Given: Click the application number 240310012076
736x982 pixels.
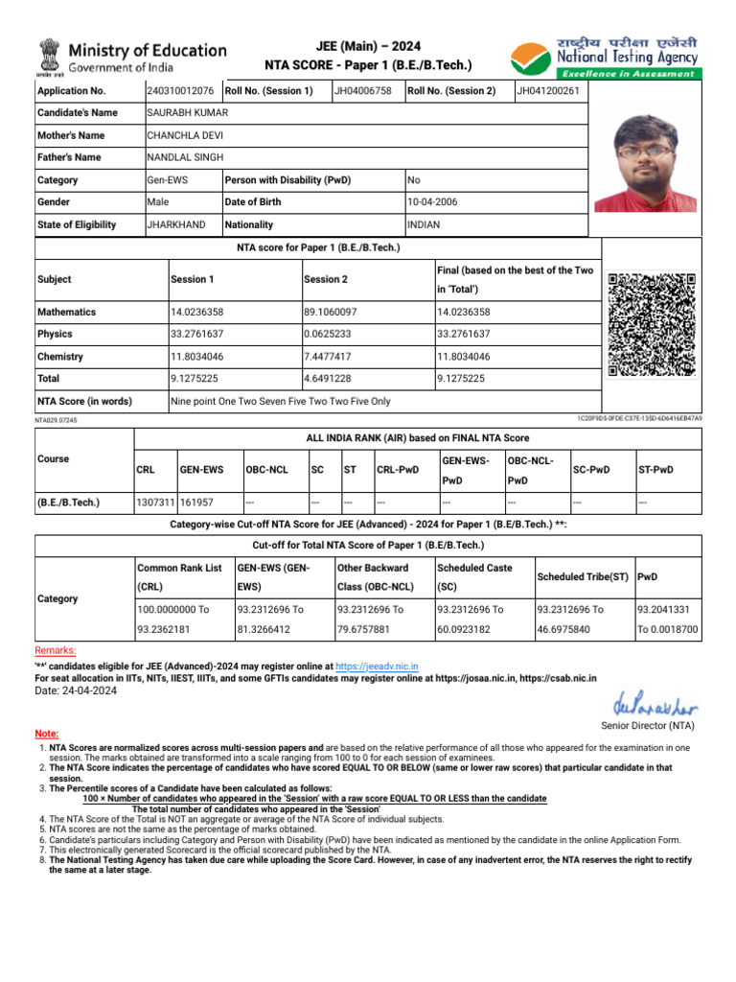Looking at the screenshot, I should tap(180, 91).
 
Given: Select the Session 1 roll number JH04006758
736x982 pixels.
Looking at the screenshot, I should tap(362, 91).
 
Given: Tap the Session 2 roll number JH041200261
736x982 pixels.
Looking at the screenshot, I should tap(548, 91).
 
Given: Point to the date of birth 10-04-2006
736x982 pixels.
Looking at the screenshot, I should tap(433, 202).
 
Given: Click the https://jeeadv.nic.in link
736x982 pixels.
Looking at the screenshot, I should tap(377, 666).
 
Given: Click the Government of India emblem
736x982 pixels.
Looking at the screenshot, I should tap(49, 57).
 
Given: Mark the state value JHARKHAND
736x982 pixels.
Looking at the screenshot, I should tap(175, 224).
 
